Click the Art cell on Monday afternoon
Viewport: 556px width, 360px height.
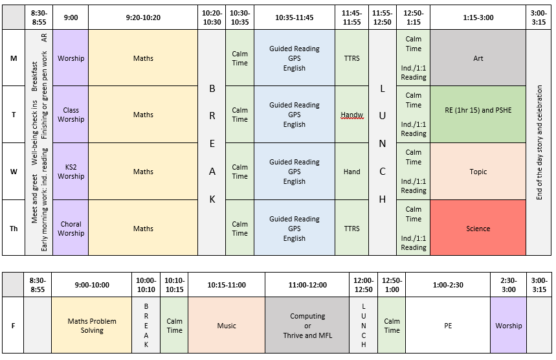pyautogui.click(x=478, y=58)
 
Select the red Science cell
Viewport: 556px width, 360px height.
pyautogui.click(x=478, y=229)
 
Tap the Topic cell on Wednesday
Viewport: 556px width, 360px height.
pyautogui.click(x=478, y=172)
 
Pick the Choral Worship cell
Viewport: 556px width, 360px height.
pyautogui.click(x=71, y=229)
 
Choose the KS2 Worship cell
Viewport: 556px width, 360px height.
pyautogui.click(x=71, y=172)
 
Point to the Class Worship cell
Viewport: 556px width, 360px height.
pyautogui.click(x=71, y=115)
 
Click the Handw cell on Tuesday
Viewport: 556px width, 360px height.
pyautogui.click(x=351, y=115)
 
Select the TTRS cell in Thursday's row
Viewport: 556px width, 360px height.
pyautogui.click(x=351, y=229)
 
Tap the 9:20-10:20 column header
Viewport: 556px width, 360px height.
pyautogui.click(x=143, y=17)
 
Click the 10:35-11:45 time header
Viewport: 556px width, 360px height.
pyautogui.click(x=294, y=17)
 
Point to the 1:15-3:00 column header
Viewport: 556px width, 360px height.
pyautogui.click(x=478, y=17)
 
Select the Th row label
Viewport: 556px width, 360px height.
pyautogui.click(x=14, y=229)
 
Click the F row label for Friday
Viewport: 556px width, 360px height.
pyautogui.click(x=14, y=326)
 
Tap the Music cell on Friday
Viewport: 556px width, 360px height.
pyautogui.click(x=226, y=326)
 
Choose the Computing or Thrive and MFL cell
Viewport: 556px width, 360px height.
pyautogui.click(x=307, y=326)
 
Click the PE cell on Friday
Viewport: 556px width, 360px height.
pyautogui.click(x=448, y=326)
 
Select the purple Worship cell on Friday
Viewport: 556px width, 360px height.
pyautogui.click(x=508, y=326)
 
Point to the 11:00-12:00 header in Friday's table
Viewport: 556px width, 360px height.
pyautogui.click(x=307, y=285)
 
